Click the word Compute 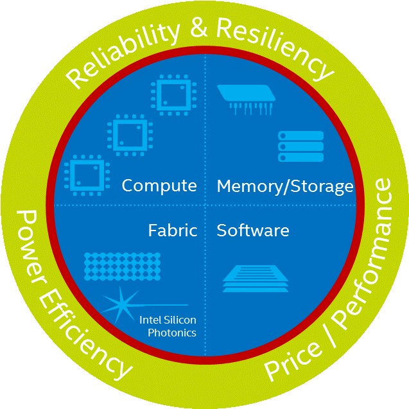[x=159, y=186]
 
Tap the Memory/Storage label [x=285, y=186]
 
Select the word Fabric [x=172, y=230]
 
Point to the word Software [x=253, y=230]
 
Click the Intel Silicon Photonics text [x=168, y=326]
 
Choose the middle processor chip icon [x=128, y=135]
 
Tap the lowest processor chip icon [x=84, y=175]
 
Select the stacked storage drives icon [x=300, y=146]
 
